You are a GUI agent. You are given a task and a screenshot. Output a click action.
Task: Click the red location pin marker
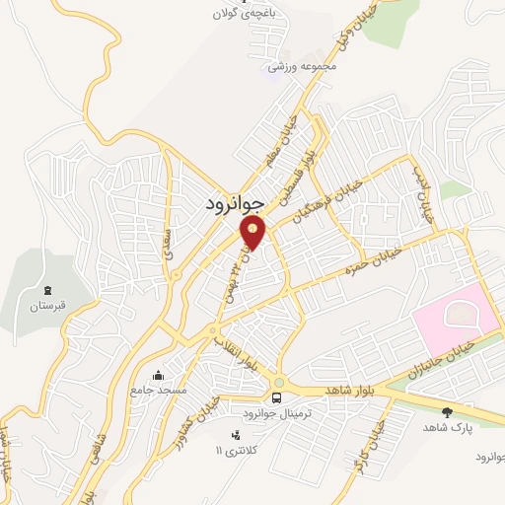(253, 232)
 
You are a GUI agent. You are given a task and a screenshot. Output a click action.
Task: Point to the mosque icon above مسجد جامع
(158, 376)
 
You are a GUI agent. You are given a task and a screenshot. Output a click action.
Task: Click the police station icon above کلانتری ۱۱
(235, 435)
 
